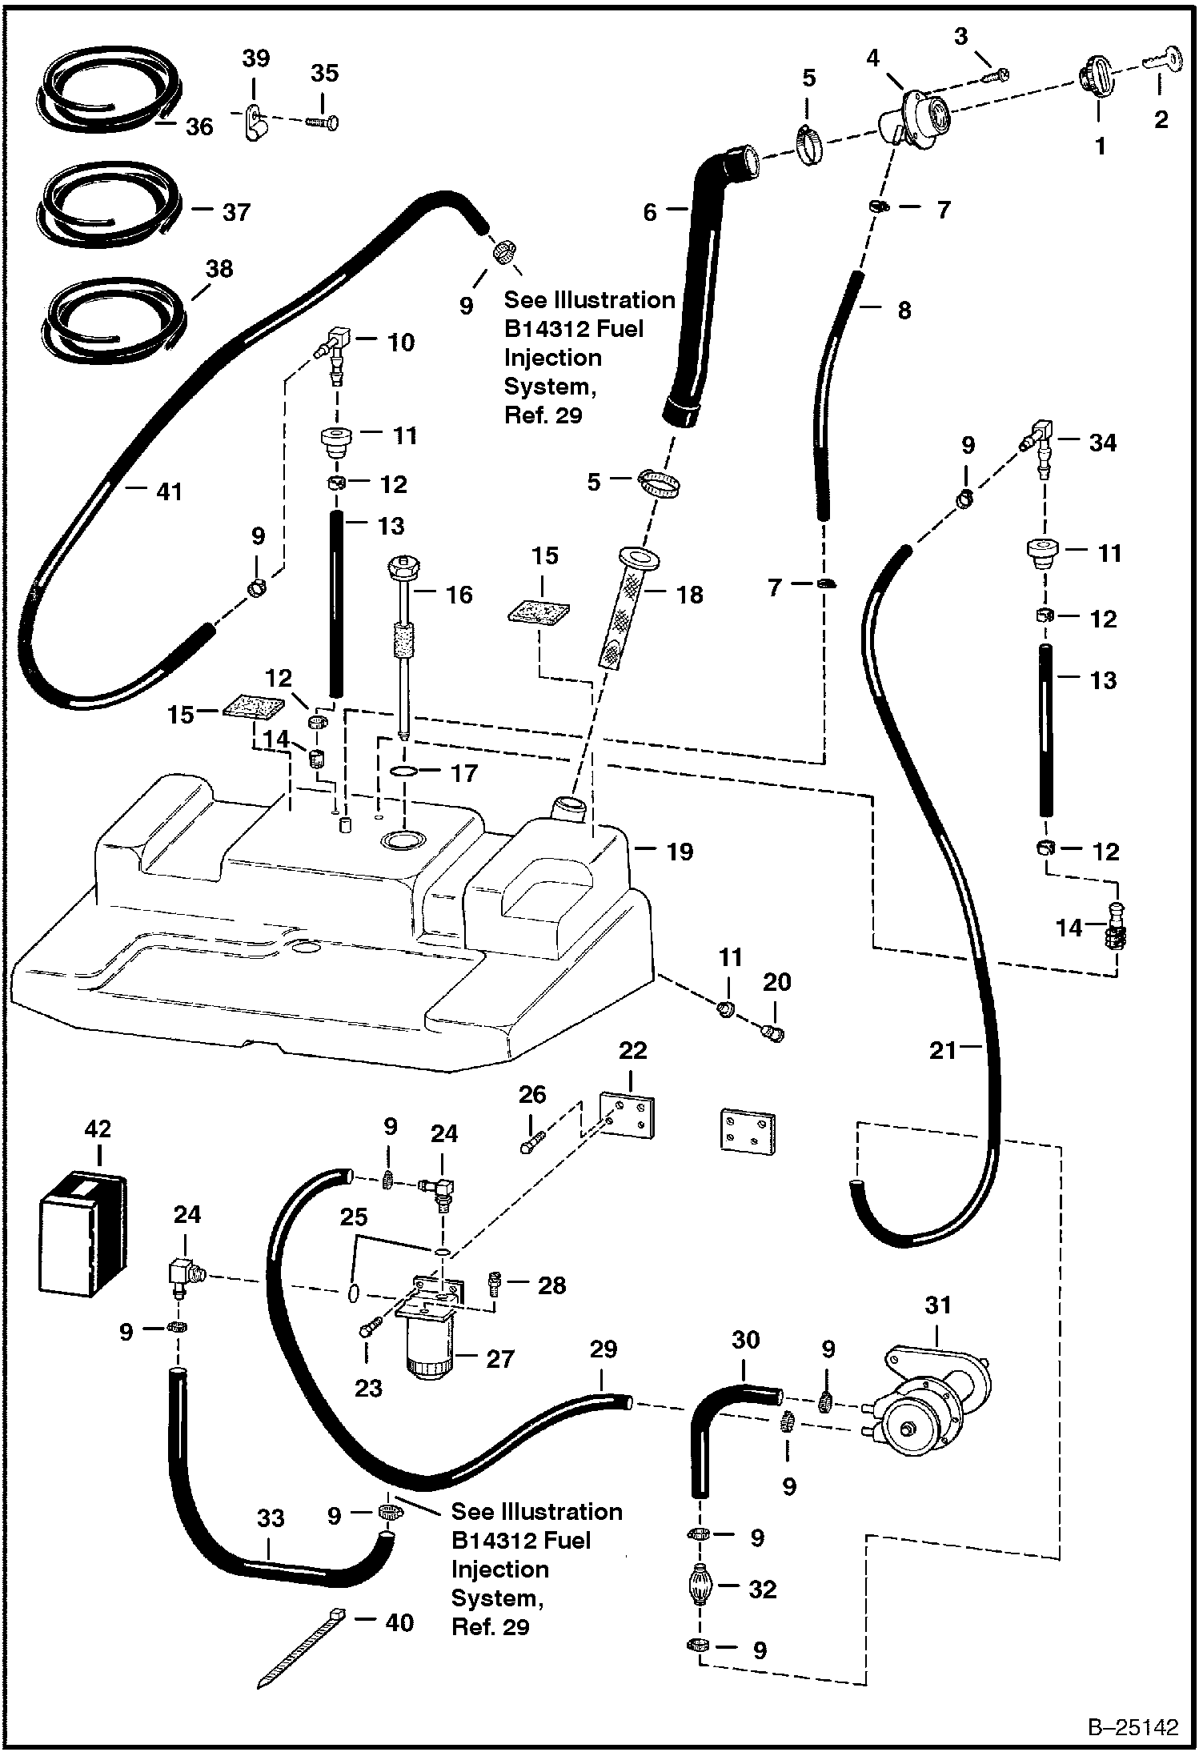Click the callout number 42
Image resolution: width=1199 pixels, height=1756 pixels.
[98, 1129]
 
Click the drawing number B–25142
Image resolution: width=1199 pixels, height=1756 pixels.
[1133, 1726]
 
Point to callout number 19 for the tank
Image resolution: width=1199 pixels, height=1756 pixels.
[680, 852]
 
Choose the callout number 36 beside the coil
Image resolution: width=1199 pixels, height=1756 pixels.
[199, 126]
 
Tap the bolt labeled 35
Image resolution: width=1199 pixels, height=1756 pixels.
[323, 122]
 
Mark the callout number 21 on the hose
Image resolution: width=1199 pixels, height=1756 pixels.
[944, 1049]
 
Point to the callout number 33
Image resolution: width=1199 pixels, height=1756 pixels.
[271, 1518]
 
